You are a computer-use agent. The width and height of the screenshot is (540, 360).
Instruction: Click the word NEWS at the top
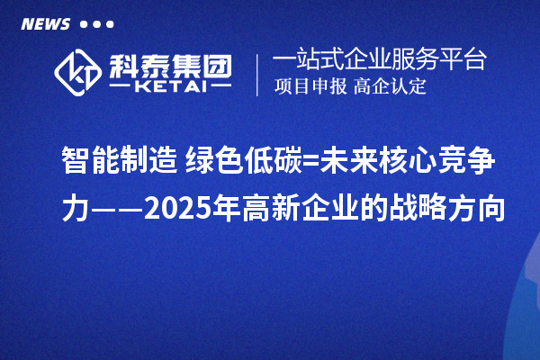pos(45,23)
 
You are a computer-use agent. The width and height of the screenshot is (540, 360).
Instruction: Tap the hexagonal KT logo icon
pos(79,73)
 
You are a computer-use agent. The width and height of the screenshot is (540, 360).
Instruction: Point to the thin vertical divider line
pos(257,74)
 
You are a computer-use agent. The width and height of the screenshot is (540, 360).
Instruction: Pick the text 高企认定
pos(391,87)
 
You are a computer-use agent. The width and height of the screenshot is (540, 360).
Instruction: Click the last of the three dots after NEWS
pos(109,23)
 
